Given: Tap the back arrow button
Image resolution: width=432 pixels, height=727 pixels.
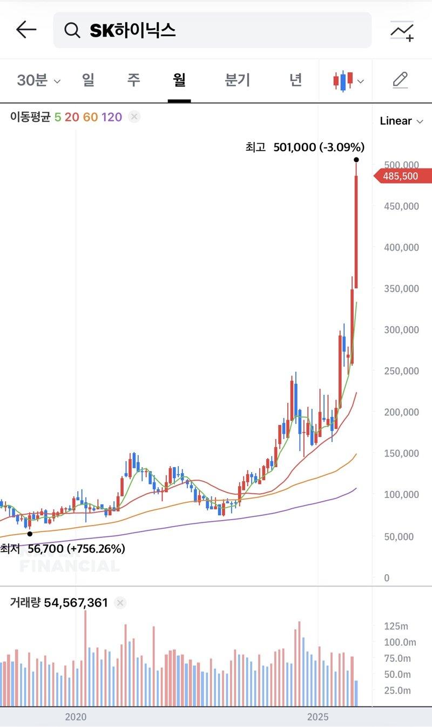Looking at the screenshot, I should [26, 30].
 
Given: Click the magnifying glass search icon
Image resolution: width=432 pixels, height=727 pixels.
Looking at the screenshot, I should [72, 30].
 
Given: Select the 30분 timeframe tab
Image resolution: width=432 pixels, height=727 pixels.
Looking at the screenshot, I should [38, 80].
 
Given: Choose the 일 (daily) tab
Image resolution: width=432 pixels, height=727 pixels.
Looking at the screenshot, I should [88, 80].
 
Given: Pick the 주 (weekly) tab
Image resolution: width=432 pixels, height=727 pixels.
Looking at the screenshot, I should [133, 80].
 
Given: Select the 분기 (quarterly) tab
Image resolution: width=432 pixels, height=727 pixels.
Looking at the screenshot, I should [238, 80].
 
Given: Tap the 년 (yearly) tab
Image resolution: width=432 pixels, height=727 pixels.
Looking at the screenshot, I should [295, 80].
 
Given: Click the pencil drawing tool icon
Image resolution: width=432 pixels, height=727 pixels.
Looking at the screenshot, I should [400, 80].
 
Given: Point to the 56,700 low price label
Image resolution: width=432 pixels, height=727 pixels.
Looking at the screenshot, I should [63, 549].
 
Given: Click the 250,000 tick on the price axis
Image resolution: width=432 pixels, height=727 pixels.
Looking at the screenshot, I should [401, 371].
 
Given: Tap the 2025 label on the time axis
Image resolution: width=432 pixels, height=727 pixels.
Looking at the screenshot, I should [318, 717].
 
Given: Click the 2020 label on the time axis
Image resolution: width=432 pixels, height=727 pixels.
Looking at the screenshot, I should [76, 717].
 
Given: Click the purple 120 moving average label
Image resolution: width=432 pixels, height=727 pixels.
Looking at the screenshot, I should [112, 117].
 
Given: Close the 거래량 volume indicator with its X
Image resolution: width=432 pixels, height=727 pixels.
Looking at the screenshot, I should [120, 603].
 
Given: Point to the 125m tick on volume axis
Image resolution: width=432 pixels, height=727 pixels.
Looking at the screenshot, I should [397, 626].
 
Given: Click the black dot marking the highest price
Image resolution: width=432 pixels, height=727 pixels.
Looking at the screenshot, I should [356, 160].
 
